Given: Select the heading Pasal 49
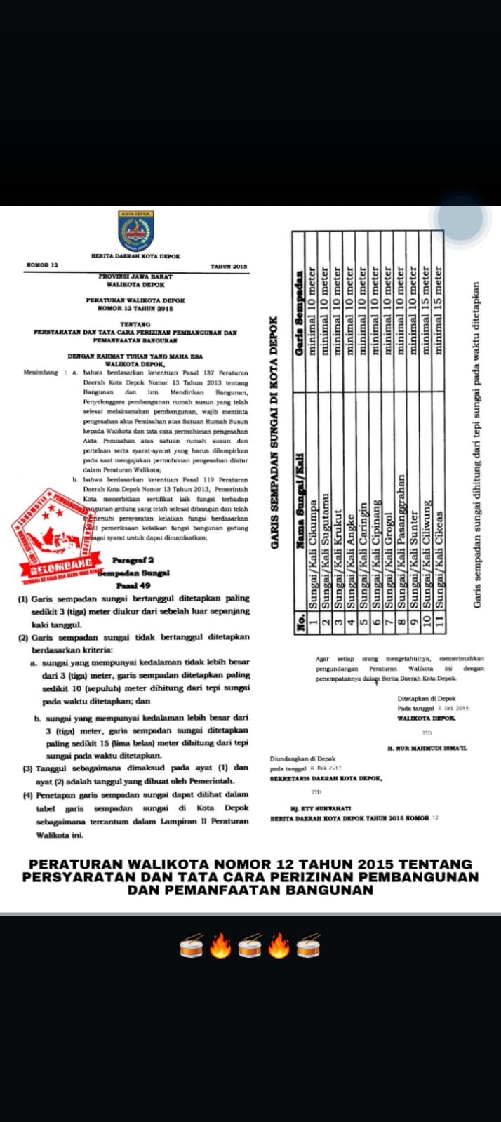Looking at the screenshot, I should point(133,585).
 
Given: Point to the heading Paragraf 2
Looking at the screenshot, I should point(133,560).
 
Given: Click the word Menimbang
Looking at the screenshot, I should point(41,373).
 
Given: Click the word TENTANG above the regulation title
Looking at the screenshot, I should point(135,325).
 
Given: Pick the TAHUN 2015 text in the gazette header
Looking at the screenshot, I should point(229,267).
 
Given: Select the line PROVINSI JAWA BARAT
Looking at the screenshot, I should point(135,277).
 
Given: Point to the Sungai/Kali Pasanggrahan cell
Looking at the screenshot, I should point(401,541).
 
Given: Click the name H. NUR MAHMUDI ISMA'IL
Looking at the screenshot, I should point(427,749).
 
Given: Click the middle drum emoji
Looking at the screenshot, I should point(250,946).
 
